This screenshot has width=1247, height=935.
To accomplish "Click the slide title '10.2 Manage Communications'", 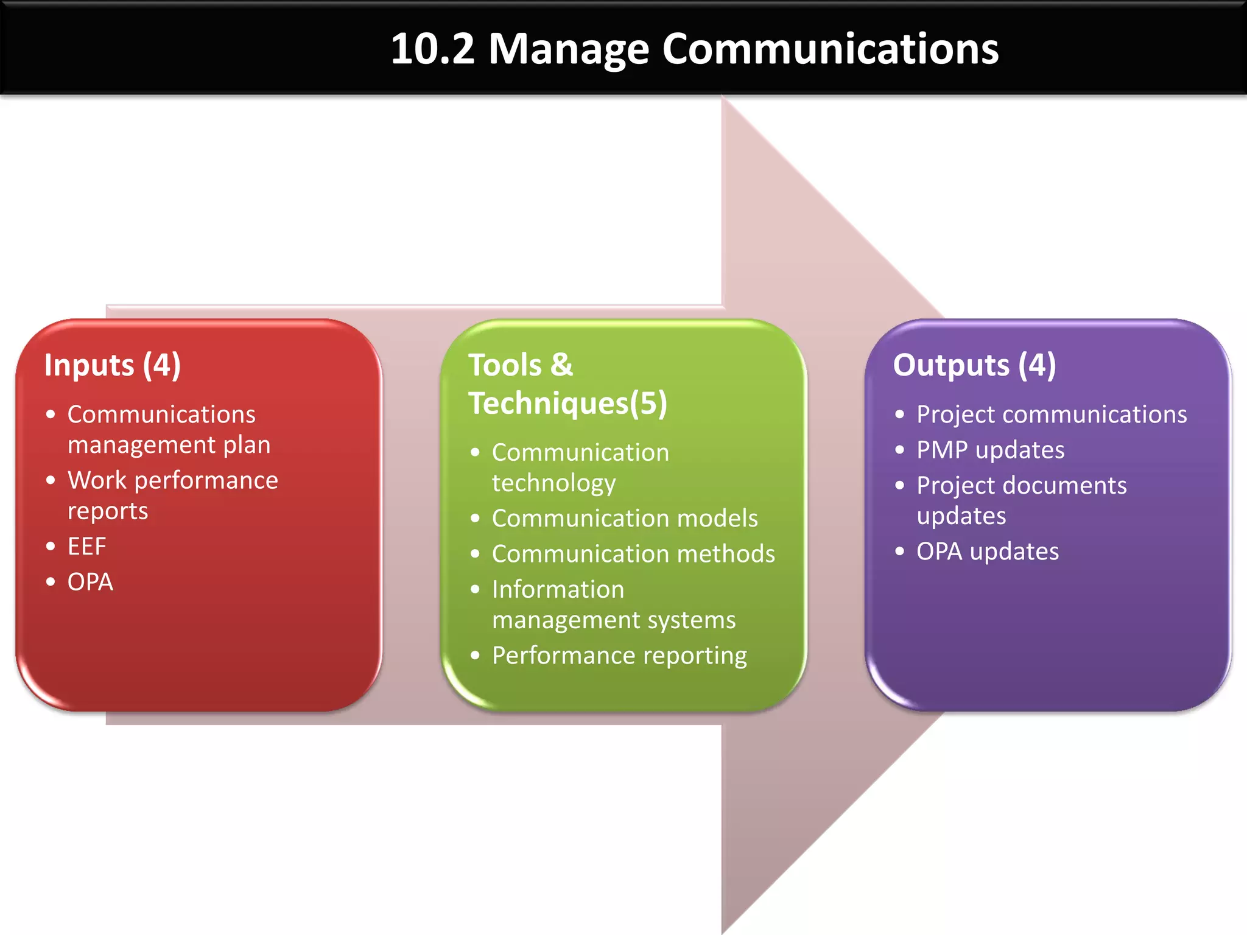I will point(694,49).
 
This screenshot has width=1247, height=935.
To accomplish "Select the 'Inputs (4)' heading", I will point(113,365).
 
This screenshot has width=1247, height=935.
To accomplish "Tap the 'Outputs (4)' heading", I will point(974,365).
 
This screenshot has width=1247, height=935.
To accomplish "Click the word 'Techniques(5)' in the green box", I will point(567,404).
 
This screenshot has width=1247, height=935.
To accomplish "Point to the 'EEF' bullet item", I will point(87,546).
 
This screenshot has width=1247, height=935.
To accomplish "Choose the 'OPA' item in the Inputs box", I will point(90,582).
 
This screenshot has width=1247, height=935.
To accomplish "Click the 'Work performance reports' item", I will point(172,495).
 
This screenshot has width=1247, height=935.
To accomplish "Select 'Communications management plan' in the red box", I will point(168,429).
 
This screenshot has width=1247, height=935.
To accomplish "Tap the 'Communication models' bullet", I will point(625,518).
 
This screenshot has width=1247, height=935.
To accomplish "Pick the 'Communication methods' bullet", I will point(633,554).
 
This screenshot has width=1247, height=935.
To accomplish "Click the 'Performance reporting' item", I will point(619,656).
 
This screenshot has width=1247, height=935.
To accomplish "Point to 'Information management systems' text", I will point(613,604).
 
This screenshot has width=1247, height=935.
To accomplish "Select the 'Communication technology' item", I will point(580,467).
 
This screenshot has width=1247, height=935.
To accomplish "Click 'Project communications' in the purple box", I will point(1052,415).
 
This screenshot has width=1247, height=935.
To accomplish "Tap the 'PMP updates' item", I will point(990,450).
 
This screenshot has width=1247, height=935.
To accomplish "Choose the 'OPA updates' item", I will point(988,552).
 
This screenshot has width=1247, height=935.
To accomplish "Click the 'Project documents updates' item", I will point(1021,500).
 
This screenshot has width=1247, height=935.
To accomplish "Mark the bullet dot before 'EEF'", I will point(51,546).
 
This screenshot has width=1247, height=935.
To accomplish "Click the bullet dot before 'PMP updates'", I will point(900,450).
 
